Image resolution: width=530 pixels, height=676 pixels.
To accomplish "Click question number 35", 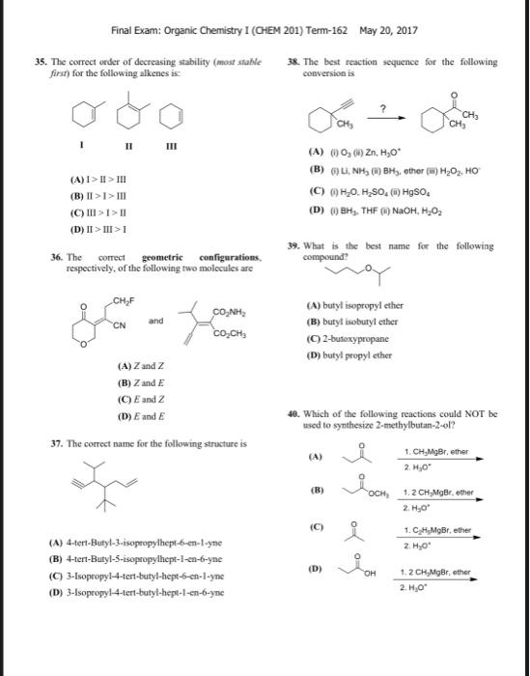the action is (x=41, y=61).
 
